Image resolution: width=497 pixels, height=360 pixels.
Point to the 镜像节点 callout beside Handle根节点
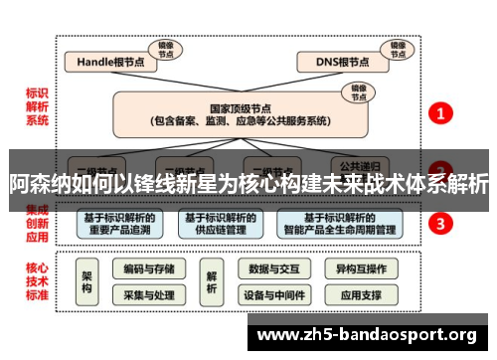pyautogui.click(x=164, y=48)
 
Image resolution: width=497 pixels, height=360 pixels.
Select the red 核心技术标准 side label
pyautogui.click(x=37, y=281)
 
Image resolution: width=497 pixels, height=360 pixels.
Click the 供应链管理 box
pyautogui.click(x=221, y=224)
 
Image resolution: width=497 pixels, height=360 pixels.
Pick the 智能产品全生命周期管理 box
pyautogui.click(x=342, y=224)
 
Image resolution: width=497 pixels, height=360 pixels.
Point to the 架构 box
pyautogui.click(x=87, y=281)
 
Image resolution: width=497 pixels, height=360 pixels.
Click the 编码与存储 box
pyautogui.click(x=149, y=269)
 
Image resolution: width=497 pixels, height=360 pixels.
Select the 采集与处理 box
pyautogui.click(x=149, y=295)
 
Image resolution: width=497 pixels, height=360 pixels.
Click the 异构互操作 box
pyautogui.click(x=361, y=269)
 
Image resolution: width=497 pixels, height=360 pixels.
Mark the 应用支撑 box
pyautogui.click(x=361, y=295)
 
